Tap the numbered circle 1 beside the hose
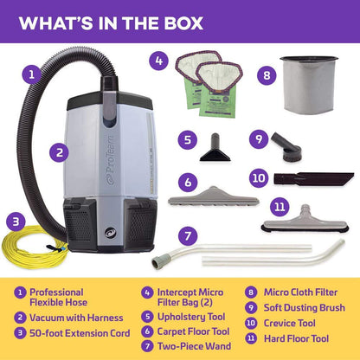tap(30, 75)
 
